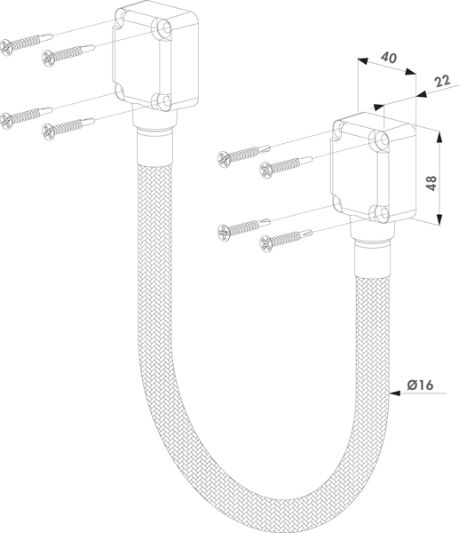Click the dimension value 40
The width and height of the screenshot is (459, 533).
tap(389, 58)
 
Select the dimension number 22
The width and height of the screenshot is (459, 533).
tap(442, 81)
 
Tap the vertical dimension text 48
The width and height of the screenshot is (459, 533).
tap(431, 183)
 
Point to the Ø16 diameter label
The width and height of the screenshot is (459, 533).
tap(420, 385)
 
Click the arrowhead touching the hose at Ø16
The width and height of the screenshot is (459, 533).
tap(394, 394)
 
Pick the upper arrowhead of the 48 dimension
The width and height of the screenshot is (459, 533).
tap(440, 137)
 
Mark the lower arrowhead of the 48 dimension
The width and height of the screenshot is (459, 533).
tap(439, 219)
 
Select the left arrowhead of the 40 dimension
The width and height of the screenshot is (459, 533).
tap(362, 60)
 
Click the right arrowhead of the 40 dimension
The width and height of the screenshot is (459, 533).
tap(411, 72)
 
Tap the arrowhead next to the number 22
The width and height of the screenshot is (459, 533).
tap(423, 94)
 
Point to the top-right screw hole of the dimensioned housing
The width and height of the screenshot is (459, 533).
tap(384, 139)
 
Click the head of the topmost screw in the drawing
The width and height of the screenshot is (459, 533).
tap(6, 47)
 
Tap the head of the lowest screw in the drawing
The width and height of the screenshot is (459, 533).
tap(266, 243)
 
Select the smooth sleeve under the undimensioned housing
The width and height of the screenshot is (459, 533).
tap(154, 147)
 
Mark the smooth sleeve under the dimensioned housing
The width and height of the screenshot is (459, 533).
tap(372, 259)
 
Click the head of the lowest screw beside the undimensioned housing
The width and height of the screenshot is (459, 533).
tap(49, 131)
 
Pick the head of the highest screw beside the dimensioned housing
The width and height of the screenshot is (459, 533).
tap(224, 159)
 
